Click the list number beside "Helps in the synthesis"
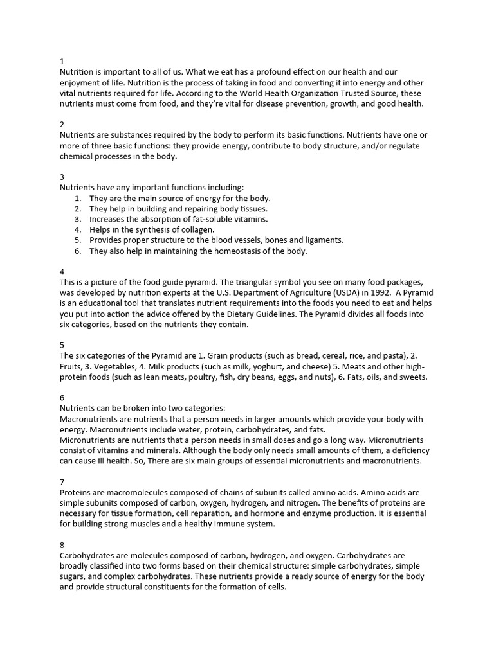[x=77, y=229]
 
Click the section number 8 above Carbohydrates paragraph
[x=62, y=545]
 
